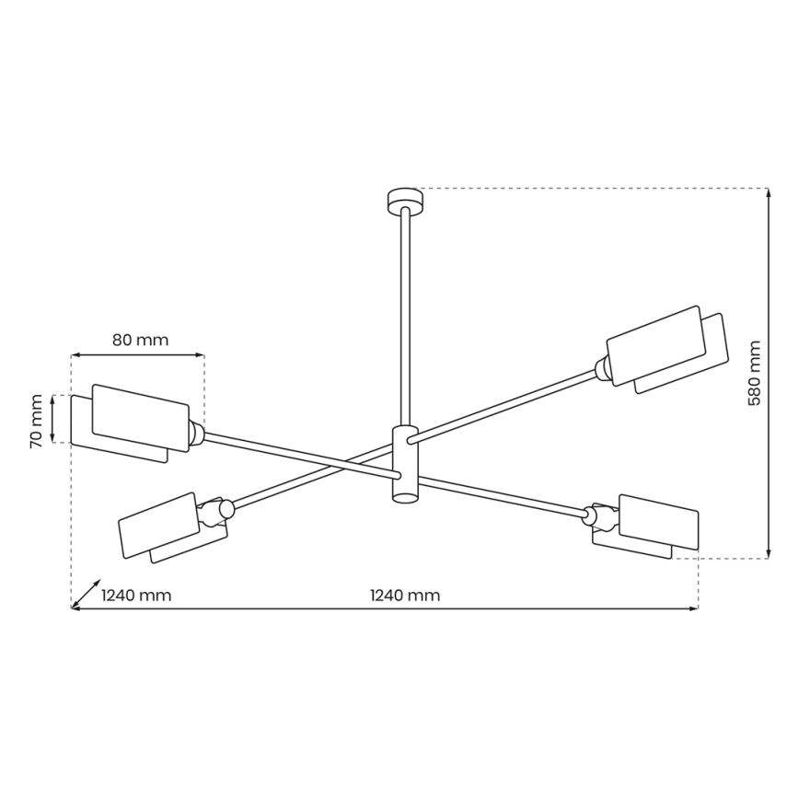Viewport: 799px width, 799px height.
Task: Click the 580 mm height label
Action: pos(755,374)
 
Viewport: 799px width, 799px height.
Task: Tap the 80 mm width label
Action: pos(140,340)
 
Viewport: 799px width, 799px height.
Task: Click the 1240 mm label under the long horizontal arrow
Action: pos(405,596)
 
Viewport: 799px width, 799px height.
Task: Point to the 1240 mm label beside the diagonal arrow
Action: pos(136,596)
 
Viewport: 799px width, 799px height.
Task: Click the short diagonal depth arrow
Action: pos(87,594)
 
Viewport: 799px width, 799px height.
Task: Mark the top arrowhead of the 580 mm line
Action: pos(769,192)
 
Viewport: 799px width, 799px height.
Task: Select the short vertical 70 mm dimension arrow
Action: pos(54,419)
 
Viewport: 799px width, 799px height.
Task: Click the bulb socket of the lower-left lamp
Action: pos(221,509)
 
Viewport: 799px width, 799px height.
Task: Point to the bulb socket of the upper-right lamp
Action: pos(602,368)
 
